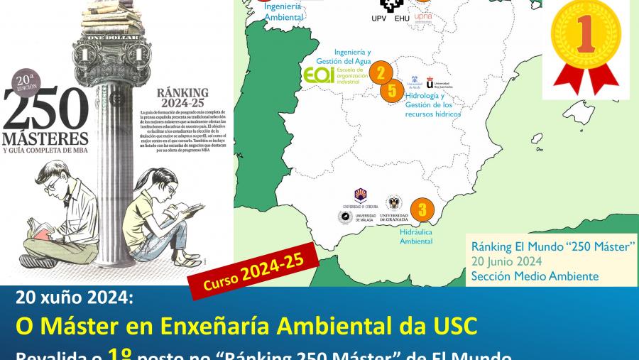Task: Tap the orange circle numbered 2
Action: point(381,72)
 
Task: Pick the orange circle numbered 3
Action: point(422,209)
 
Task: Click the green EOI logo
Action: point(319,76)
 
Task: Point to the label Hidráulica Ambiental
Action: point(416,236)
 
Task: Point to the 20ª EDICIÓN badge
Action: point(26,80)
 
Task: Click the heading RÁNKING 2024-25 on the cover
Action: point(182,97)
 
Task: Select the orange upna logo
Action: point(422,16)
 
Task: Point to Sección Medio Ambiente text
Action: point(535,276)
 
